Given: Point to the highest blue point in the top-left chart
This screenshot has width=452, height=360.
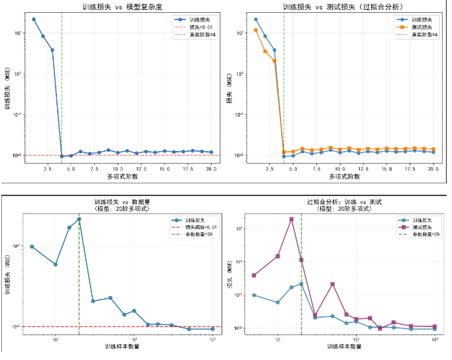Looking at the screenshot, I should click(x=34, y=19).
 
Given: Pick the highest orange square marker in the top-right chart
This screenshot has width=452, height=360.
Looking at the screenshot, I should click(x=256, y=30).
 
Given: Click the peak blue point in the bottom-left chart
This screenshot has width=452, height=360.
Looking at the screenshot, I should click(x=79, y=219).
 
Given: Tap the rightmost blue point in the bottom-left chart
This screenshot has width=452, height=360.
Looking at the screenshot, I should click(x=213, y=329).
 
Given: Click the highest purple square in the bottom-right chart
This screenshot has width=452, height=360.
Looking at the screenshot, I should click(x=291, y=219).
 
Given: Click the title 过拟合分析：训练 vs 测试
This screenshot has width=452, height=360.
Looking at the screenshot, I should click(x=344, y=201).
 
